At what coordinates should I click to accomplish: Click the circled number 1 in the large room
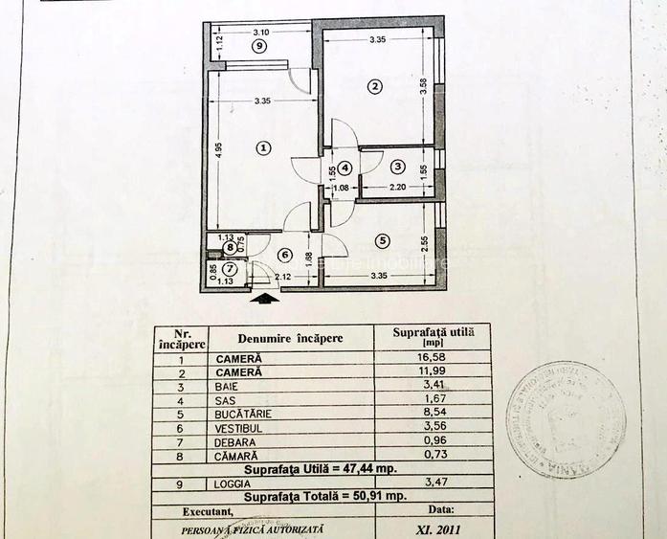pyautogui.click(x=264, y=147)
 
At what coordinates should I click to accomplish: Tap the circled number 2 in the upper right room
pyautogui.click(x=375, y=87)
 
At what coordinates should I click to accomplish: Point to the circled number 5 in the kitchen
pyautogui.click(x=383, y=240)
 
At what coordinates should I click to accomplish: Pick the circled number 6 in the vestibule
pyautogui.click(x=283, y=254)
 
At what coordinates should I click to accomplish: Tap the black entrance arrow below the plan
pyautogui.click(x=268, y=298)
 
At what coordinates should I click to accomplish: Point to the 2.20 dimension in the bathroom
pyautogui.click(x=398, y=189)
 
